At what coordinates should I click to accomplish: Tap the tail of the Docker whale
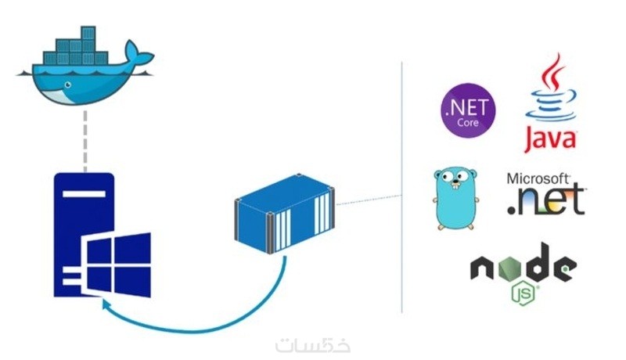click(x=142, y=59)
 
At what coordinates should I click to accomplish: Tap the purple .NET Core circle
click(x=468, y=110)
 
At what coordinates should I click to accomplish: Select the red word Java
click(x=549, y=139)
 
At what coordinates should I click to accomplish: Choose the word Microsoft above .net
click(x=539, y=179)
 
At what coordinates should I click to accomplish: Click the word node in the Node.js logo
click(x=522, y=268)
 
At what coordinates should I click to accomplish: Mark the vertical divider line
click(x=402, y=188)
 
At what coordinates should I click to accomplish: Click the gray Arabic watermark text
click(x=313, y=344)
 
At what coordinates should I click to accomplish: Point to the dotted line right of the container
click(x=368, y=201)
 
